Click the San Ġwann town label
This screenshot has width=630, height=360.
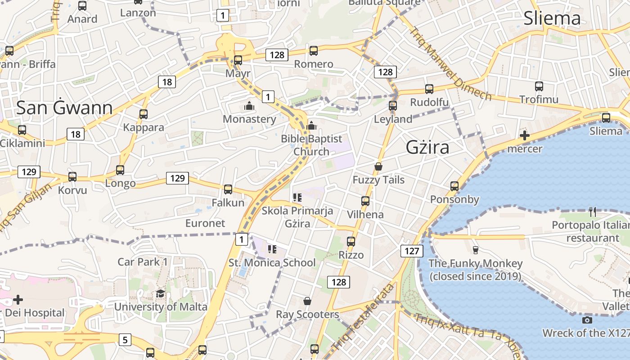(64, 108)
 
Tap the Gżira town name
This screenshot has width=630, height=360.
(427, 147)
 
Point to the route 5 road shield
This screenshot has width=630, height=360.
(125, 339)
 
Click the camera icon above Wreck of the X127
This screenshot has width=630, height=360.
(587, 320)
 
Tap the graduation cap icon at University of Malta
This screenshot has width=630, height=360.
(160, 294)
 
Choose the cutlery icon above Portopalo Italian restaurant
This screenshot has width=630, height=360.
(593, 211)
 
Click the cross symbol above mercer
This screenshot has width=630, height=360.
(524, 135)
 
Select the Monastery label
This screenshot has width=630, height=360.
(249, 119)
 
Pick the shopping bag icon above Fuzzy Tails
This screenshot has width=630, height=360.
(378, 166)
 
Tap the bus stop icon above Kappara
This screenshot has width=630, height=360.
(144, 114)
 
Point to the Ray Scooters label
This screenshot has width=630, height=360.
(307, 314)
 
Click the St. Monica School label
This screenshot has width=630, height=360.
(272, 262)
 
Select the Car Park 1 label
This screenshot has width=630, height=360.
(143, 261)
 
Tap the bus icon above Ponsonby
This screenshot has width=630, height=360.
(454, 186)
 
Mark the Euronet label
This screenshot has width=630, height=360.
(205, 223)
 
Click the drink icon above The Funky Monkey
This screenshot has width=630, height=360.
(475, 250)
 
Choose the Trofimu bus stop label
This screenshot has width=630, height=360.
(539, 99)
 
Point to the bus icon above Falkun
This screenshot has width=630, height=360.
(228, 189)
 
